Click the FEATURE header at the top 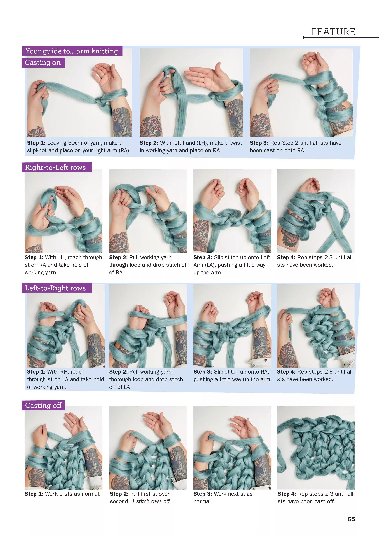333,32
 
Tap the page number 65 351,519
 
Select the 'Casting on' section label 43,62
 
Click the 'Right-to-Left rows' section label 55,167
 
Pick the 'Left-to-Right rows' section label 55,288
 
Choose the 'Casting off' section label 43,405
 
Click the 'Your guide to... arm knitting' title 72,51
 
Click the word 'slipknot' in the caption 37,151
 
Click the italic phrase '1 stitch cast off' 151,501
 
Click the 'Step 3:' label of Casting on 259,143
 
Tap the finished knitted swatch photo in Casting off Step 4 316,447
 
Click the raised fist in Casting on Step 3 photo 314,63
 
